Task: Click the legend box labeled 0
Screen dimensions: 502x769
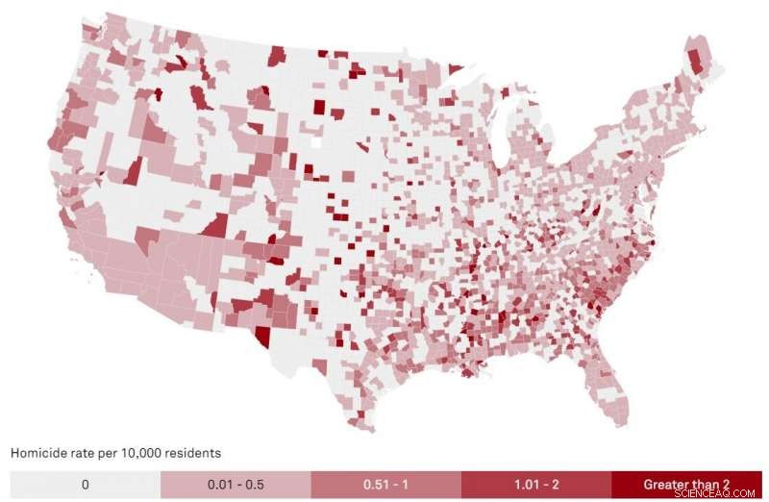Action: click(85, 484)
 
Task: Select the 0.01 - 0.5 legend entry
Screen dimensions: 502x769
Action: click(236, 484)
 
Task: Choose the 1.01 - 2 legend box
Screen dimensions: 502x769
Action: click(536, 484)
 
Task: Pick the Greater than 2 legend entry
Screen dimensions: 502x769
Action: click(686, 484)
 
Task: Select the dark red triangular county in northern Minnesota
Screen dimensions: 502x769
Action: click(454, 69)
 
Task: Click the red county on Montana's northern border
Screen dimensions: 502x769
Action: click(278, 56)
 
